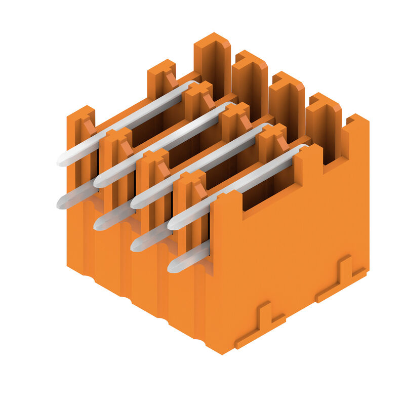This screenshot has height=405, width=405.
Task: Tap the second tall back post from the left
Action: pos(250,81)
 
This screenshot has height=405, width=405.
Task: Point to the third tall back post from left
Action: pos(287,101)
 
